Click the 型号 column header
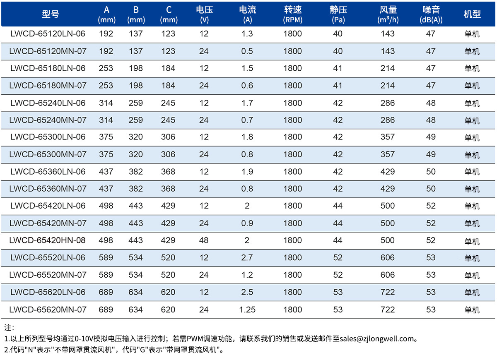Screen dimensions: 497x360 click(51, 14)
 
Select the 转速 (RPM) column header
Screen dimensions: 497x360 click(293, 14)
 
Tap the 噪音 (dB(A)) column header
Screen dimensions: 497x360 click(431, 14)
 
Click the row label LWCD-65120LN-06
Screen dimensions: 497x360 click(48, 34)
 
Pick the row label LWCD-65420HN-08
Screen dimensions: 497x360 click(47, 240)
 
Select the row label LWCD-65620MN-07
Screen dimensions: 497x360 click(48, 310)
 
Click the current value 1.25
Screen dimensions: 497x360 click(247, 310)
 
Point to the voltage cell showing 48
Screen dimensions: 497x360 click(204, 240)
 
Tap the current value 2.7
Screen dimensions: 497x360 click(247, 257)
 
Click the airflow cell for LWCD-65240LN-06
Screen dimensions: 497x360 click(388, 103)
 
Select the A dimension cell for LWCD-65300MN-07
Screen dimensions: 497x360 click(106, 154)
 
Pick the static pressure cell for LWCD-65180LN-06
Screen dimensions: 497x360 click(338, 68)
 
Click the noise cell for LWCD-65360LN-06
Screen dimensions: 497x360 click(431, 172)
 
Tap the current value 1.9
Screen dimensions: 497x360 click(247, 172)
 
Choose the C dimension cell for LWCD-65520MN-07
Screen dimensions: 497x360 click(168, 275)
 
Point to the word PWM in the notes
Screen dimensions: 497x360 click(195, 339)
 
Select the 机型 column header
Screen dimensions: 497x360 click(472, 14)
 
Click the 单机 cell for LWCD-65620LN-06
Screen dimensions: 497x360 click(472, 293)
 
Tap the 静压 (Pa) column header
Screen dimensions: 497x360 click(338, 14)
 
